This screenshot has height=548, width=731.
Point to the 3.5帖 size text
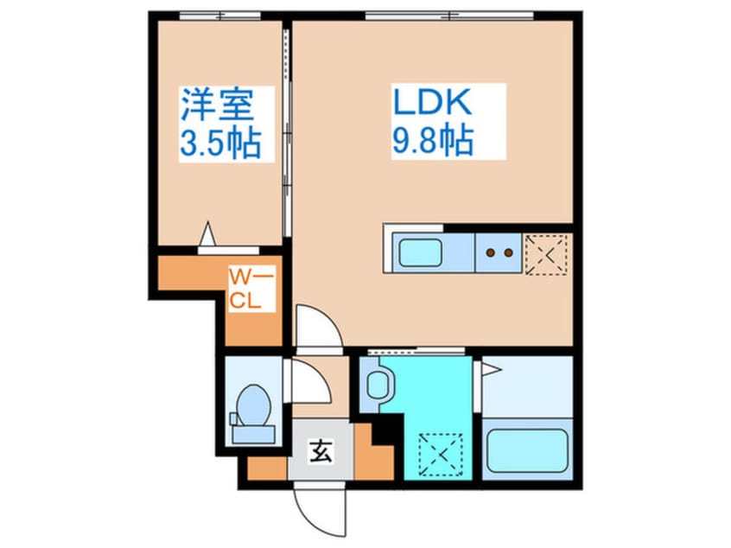pos(219,142)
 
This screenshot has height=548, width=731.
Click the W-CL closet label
pos(251,290)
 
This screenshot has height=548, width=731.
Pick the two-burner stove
pos(499,253)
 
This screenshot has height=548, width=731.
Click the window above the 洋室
pos(219,16)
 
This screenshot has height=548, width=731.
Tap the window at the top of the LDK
pos(448,16)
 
